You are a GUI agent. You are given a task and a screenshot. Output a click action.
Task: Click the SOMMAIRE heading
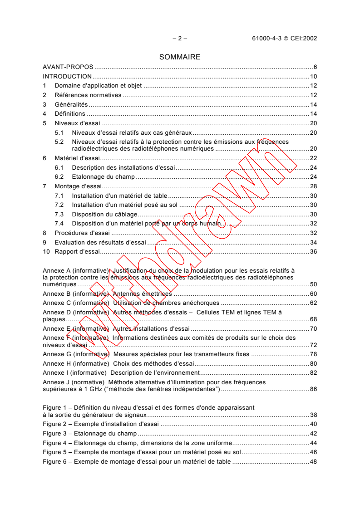click(x=180, y=57)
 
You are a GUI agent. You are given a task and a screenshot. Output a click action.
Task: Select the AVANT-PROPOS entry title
click(x=68, y=67)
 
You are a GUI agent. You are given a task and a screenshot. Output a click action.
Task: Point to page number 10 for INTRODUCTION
click(x=313, y=76)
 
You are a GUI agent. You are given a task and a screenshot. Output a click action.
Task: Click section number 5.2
click(x=59, y=142)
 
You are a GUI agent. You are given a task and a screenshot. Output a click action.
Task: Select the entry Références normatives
click(x=88, y=95)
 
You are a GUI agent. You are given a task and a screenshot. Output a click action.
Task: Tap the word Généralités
click(x=71, y=104)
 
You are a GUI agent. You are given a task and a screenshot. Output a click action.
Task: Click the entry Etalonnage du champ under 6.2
click(x=103, y=176)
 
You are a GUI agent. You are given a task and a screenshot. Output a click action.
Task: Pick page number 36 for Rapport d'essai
click(x=313, y=251)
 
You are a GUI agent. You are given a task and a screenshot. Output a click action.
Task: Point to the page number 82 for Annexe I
click(x=313, y=372)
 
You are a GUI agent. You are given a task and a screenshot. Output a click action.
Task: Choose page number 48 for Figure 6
click(x=313, y=461)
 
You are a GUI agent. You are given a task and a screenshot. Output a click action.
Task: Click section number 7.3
click(x=59, y=214)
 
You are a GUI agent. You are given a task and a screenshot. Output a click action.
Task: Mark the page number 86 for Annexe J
click(x=313, y=389)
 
